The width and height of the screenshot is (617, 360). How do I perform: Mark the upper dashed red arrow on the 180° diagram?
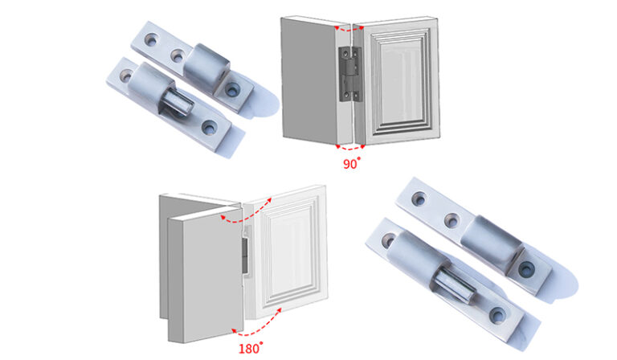[x=241, y=213]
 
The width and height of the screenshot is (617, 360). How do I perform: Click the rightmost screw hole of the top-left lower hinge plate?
[x=210, y=126]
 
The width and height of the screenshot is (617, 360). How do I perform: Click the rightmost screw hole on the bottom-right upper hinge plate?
[x=526, y=268]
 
